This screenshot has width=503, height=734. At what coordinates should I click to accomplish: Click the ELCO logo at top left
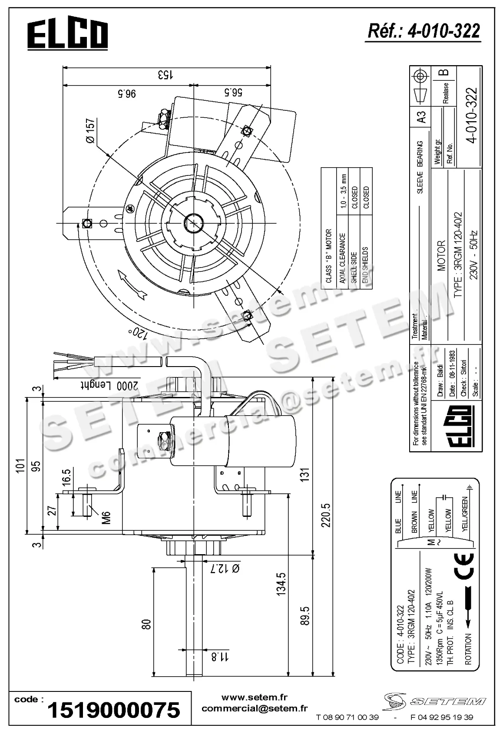(67, 36)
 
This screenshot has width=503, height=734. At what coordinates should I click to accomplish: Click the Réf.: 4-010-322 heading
(424, 31)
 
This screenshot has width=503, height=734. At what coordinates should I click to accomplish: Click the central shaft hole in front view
(192, 223)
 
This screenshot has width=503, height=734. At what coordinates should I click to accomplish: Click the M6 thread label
(106, 517)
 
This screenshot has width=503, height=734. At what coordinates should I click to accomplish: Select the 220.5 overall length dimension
(327, 515)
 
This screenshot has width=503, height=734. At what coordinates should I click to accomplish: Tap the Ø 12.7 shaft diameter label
(225, 568)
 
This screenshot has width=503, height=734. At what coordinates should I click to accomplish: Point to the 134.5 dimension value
(281, 583)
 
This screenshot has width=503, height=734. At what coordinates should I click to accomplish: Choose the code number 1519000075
(113, 710)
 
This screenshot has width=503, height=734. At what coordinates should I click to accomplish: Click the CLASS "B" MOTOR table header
(328, 256)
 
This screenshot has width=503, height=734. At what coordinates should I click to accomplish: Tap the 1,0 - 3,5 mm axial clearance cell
(343, 191)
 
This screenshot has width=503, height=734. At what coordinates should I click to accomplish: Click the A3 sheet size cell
(420, 117)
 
